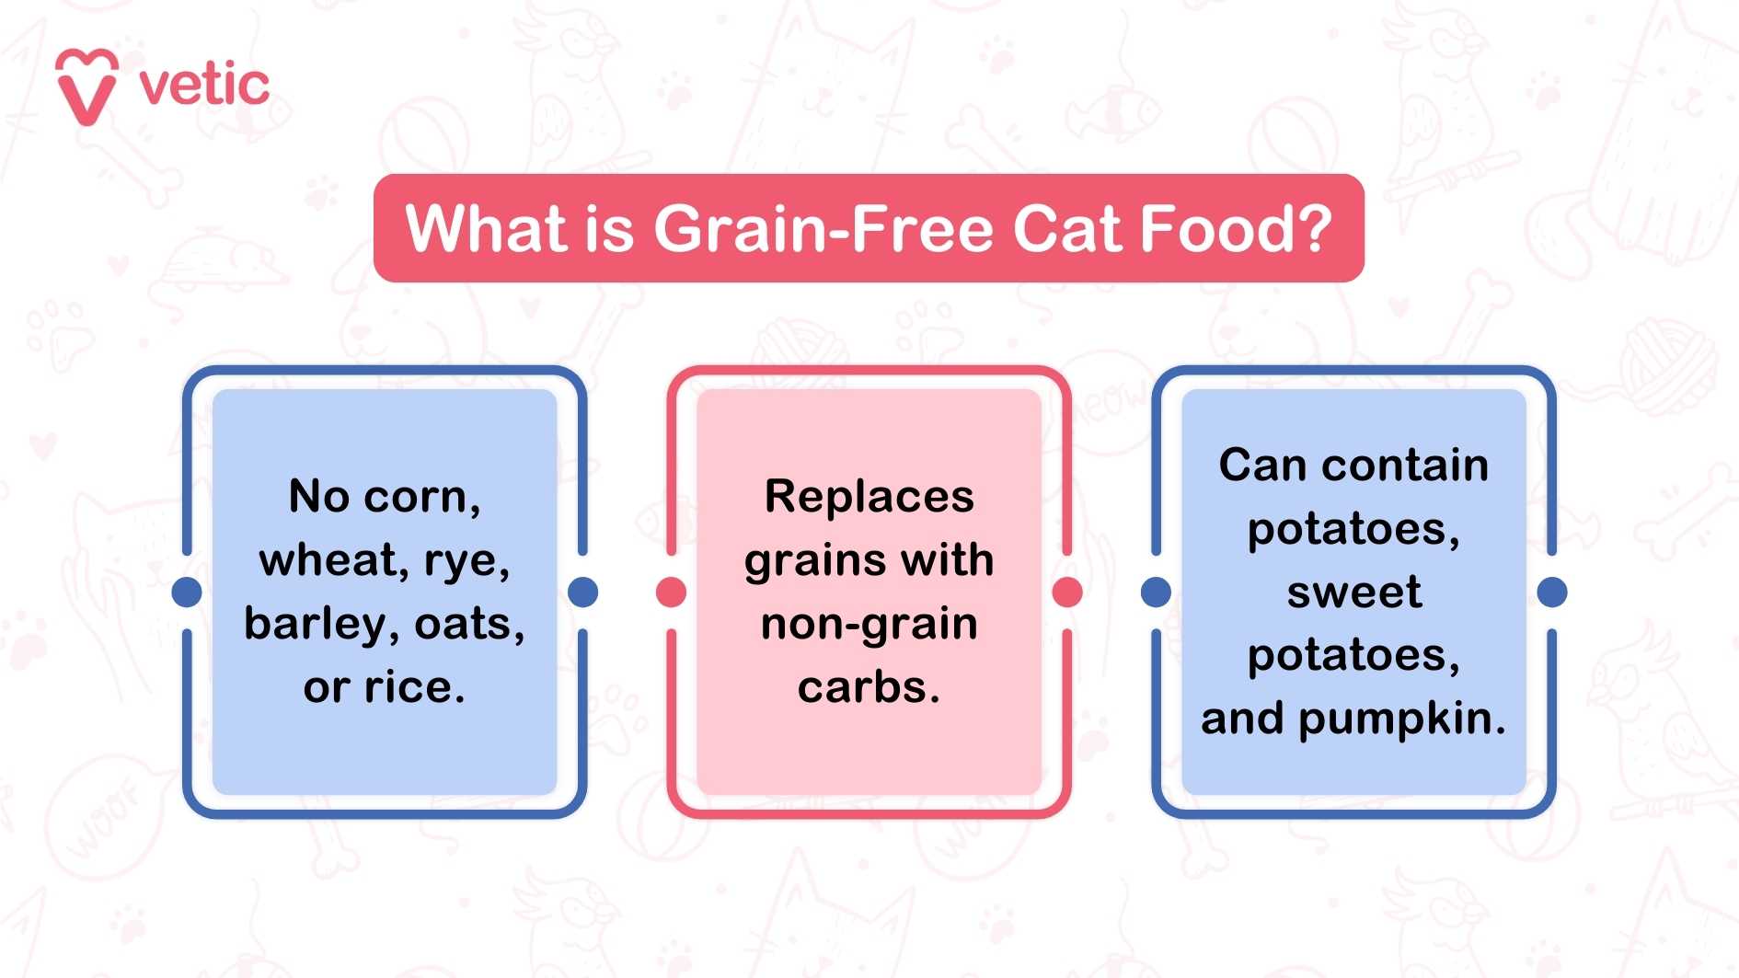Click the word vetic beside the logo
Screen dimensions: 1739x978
pos(204,85)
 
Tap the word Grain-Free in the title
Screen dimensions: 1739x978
pos(823,228)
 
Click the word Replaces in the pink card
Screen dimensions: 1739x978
pos(869,498)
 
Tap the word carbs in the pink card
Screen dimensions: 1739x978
pos(863,687)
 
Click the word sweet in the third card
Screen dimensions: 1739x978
pos(1353,592)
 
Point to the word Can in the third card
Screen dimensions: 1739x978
pos(1262,465)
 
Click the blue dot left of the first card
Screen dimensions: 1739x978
pos(187,592)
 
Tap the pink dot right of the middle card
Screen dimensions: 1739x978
pos(1067,592)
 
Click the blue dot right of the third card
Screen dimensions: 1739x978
pos(1552,592)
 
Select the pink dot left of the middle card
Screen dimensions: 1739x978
pos(671,592)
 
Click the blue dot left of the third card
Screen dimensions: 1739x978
pos(1156,592)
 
